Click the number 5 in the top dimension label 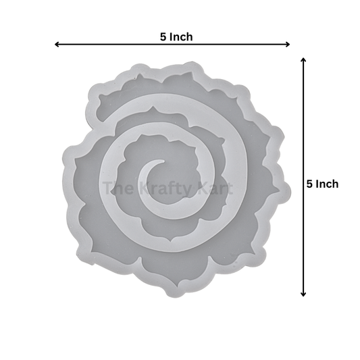(163, 37)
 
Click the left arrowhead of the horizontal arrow (57, 45)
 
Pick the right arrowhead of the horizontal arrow (288, 45)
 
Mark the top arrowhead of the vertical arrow (303, 59)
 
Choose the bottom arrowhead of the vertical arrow (303, 294)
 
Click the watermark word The (118, 188)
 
